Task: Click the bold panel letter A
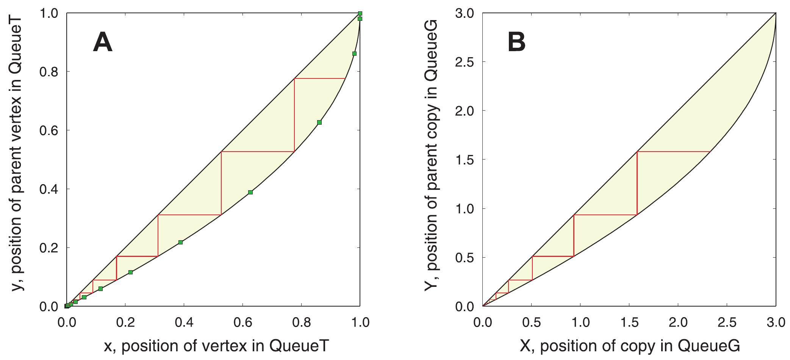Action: pos(103,42)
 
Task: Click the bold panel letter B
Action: pos(517,42)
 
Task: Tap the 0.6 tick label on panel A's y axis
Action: pos(49,130)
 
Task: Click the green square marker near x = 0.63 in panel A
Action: pos(250,192)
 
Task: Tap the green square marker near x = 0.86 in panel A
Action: pos(319,122)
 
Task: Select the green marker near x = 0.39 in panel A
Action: pos(180,242)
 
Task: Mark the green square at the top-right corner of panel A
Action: pos(360,14)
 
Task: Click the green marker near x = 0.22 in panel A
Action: pos(130,272)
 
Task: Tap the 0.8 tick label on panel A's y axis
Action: pos(49,72)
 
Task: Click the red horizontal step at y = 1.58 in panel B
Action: pos(673,152)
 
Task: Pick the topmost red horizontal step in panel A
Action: pos(320,78)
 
